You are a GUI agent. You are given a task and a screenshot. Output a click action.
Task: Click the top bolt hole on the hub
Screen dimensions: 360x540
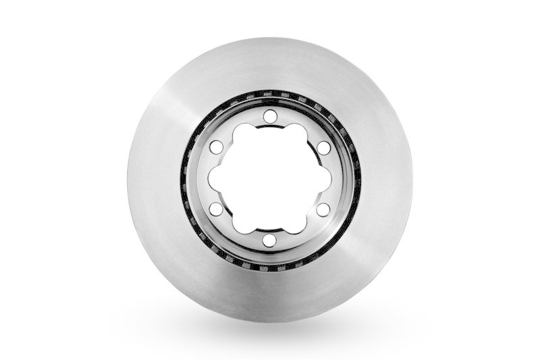269,116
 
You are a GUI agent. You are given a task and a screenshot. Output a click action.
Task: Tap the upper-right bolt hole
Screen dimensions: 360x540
323,147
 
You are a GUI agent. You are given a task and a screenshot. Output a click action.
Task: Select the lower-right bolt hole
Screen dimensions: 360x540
323,209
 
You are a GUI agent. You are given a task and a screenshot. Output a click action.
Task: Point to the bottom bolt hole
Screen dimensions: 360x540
269,240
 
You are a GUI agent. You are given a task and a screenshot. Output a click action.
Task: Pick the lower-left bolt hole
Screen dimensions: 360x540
216,209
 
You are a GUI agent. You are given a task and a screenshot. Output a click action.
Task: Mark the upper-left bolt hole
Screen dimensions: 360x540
216,147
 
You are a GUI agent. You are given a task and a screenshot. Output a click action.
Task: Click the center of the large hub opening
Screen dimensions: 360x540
269,178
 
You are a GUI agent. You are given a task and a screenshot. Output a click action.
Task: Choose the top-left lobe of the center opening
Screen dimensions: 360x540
244,133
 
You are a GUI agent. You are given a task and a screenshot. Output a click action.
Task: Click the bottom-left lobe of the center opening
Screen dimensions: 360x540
244,224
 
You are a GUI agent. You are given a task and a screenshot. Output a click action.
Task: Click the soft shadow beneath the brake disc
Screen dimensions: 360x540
270,331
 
